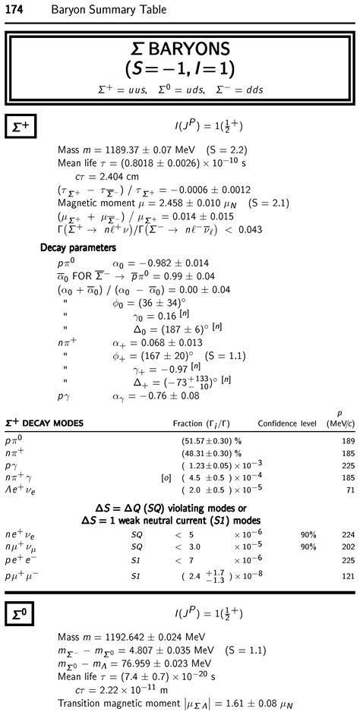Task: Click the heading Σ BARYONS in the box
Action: click(180, 52)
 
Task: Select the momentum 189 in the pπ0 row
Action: click(349, 440)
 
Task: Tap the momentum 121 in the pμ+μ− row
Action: click(349, 577)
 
